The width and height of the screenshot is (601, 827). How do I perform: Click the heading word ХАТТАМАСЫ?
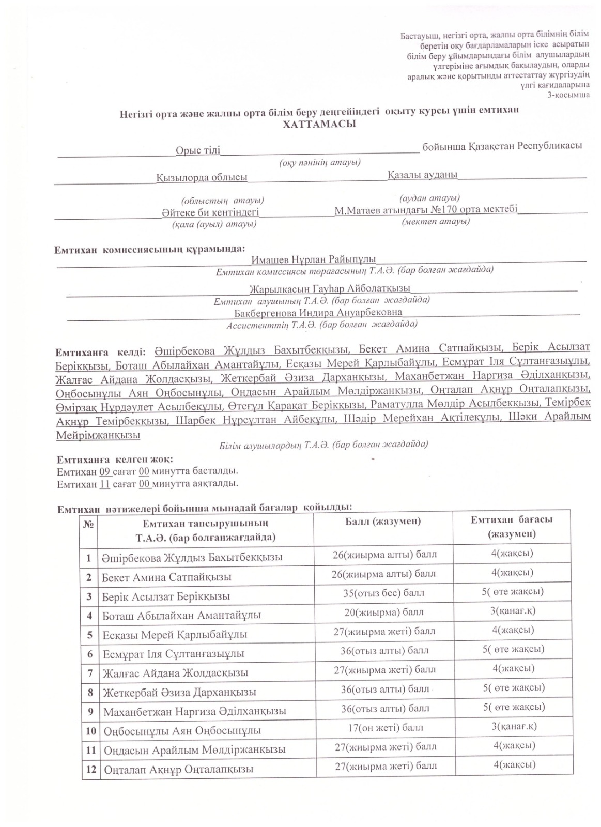coord(319,125)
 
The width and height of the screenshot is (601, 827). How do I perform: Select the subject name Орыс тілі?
coord(197,150)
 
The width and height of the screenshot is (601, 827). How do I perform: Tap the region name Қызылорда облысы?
coord(202,177)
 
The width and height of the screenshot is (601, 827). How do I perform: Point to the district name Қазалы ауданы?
coord(422,175)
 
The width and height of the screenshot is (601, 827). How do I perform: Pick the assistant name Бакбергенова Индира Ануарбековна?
coord(318,313)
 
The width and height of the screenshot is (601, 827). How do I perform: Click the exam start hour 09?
coord(105,471)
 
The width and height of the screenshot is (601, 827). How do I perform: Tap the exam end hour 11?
coord(104,484)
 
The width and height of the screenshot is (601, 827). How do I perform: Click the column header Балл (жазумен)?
coord(383,522)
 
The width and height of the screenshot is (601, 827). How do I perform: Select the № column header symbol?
coord(88,524)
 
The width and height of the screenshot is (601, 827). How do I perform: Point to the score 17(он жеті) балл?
coord(383,727)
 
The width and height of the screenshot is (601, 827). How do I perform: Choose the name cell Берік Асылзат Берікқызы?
coord(166,596)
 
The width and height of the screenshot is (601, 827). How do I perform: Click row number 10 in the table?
coord(90,731)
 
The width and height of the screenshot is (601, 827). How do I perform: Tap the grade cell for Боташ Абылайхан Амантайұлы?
coord(513,611)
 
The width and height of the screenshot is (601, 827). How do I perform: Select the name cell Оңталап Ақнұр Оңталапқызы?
coord(178,769)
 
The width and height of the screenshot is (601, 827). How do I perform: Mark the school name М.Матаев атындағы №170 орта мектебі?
coord(426,210)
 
